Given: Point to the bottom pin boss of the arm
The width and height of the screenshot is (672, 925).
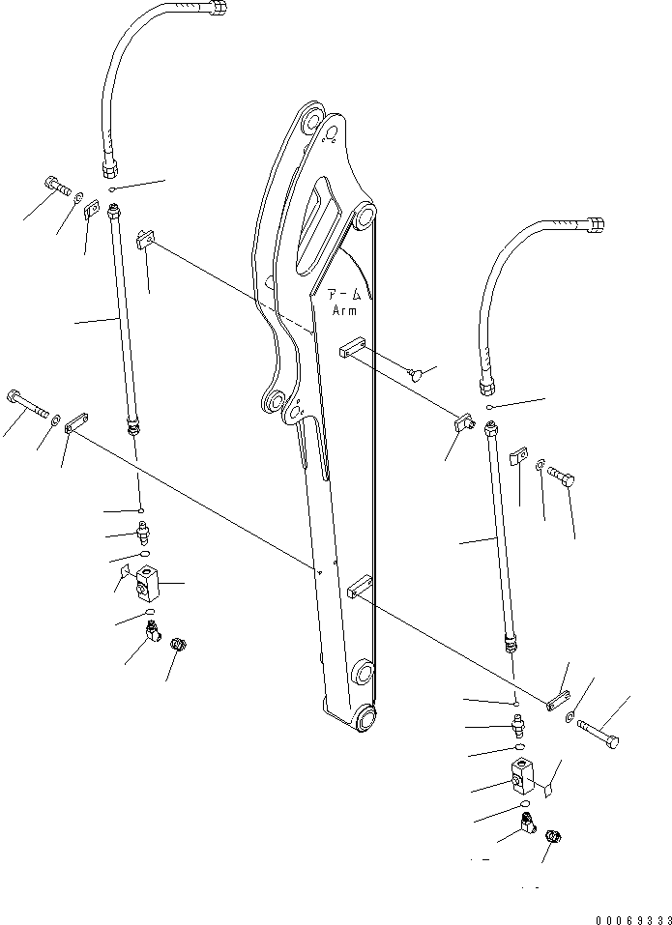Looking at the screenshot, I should pyautogui.click(x=368, y=718).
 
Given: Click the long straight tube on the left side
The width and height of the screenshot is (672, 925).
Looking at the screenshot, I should pyautogui.click(x=124, y=319).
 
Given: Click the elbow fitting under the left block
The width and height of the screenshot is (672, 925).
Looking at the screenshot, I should pyautogui.click(x=152, y=633).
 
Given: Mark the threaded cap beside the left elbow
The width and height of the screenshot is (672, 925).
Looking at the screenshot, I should pyautogui.click(x=178, y=645).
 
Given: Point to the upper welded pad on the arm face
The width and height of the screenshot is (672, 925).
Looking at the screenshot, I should pyautogui.click(x=351, y=346).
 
